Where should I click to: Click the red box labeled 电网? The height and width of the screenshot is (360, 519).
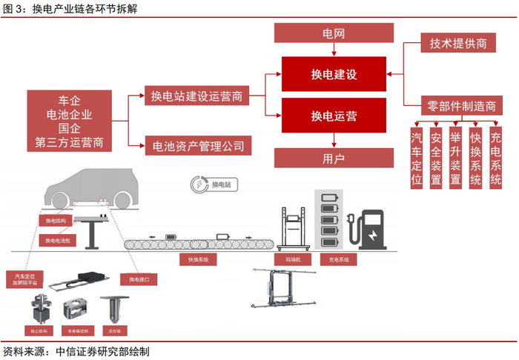334,33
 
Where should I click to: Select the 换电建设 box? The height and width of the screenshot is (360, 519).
334,75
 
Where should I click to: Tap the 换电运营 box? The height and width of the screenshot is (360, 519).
334,116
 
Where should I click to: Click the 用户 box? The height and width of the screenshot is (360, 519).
334,157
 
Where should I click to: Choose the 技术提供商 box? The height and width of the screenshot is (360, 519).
457,44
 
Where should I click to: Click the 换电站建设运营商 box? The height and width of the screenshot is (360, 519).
196,96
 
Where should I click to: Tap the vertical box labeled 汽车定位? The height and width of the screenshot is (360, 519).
417,159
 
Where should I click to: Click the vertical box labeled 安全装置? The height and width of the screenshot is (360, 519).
436,159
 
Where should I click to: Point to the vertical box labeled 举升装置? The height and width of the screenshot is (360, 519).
456,159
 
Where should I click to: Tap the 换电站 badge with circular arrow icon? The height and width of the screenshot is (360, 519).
211,183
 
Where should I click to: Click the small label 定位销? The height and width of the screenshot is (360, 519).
115,330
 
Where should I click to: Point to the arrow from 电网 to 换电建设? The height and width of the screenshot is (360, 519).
334,50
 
